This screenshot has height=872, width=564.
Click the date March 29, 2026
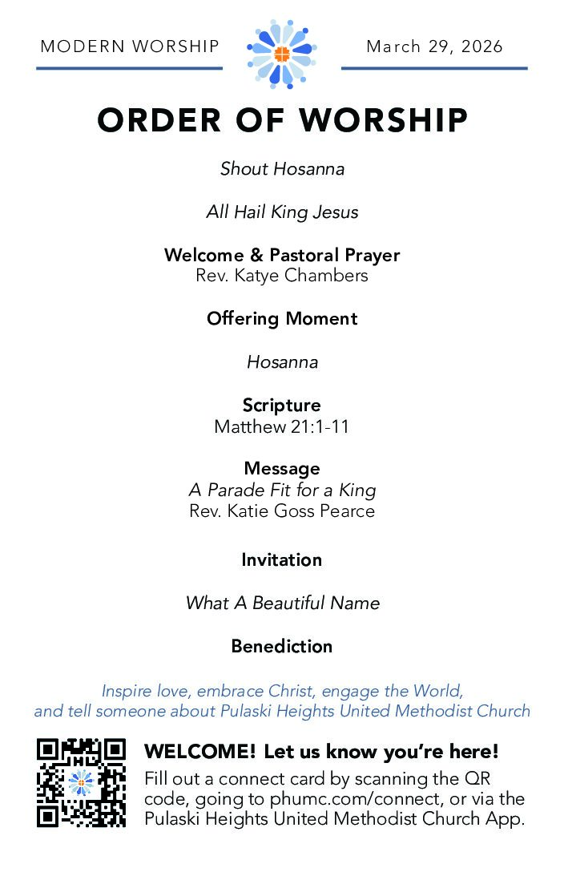point(434,46)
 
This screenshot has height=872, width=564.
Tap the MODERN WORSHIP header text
point(130,46)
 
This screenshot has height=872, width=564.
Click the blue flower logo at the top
point(282,53)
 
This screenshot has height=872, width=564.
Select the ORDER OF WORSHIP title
point(282,120)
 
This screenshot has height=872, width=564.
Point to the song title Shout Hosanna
point(282,169)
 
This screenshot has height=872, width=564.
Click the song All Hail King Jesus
point(282,212)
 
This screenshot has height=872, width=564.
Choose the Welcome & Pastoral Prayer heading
point(282,256)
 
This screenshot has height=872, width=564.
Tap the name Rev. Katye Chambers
point(282,276)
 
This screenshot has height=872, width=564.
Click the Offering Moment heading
point(282,318)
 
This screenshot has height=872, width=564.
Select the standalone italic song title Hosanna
point(282,362)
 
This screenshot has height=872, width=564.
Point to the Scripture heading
point(282,406)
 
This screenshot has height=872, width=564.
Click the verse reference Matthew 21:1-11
point(282,426)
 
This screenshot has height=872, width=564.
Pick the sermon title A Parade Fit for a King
point(282,490)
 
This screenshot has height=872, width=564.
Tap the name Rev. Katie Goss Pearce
point(282,511)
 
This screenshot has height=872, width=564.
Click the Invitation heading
point(282,559)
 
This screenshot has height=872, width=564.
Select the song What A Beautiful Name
point(282,603)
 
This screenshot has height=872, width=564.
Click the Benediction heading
point(282,646)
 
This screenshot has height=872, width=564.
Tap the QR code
point(81,782)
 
